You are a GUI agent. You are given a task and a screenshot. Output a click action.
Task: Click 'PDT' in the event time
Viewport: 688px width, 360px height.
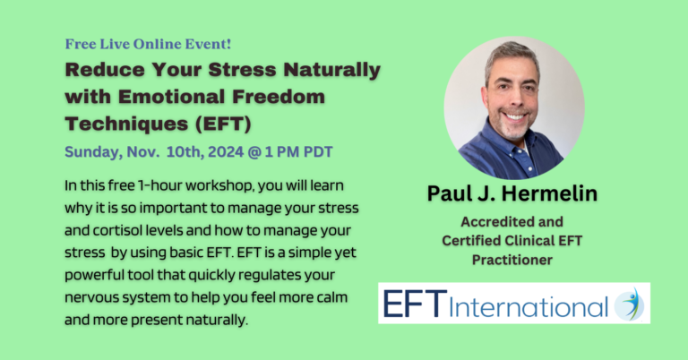(x=315, y=151)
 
